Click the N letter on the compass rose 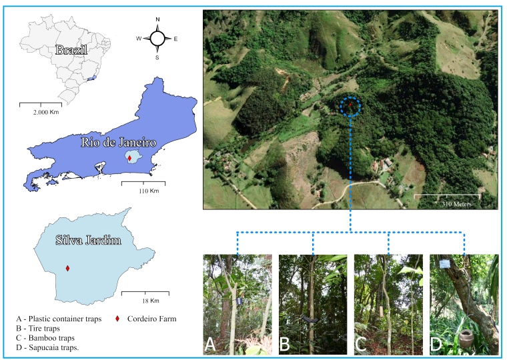[158, 20]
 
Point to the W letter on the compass [139, 39]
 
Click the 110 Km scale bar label [143, 191]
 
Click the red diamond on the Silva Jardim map [67, 269]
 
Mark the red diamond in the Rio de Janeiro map [129, 158]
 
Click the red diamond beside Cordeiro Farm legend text [117, 319]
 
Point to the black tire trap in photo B [308, 319]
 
